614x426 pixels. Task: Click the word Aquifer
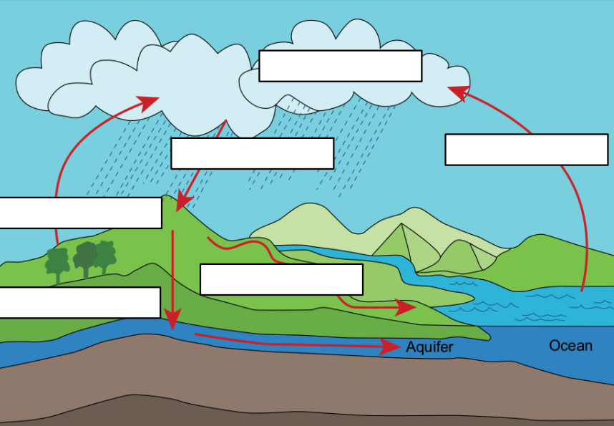(x=429, y=347)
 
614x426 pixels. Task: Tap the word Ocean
(x=570, y=346)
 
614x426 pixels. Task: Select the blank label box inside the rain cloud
(x=340, y=66)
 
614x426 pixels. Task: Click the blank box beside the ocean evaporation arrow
(x=526, y=150)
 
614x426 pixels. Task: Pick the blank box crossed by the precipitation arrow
(x=252, y=153)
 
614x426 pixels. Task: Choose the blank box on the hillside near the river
(x=281, y=279)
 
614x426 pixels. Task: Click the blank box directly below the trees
(x=79, y=302)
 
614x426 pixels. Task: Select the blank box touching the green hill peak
(x=80, y=213)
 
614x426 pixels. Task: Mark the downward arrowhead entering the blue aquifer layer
(x=172, y=319)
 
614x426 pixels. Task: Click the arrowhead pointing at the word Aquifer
(x=390, y=347)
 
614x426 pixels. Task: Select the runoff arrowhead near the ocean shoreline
(x=406, y=307)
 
